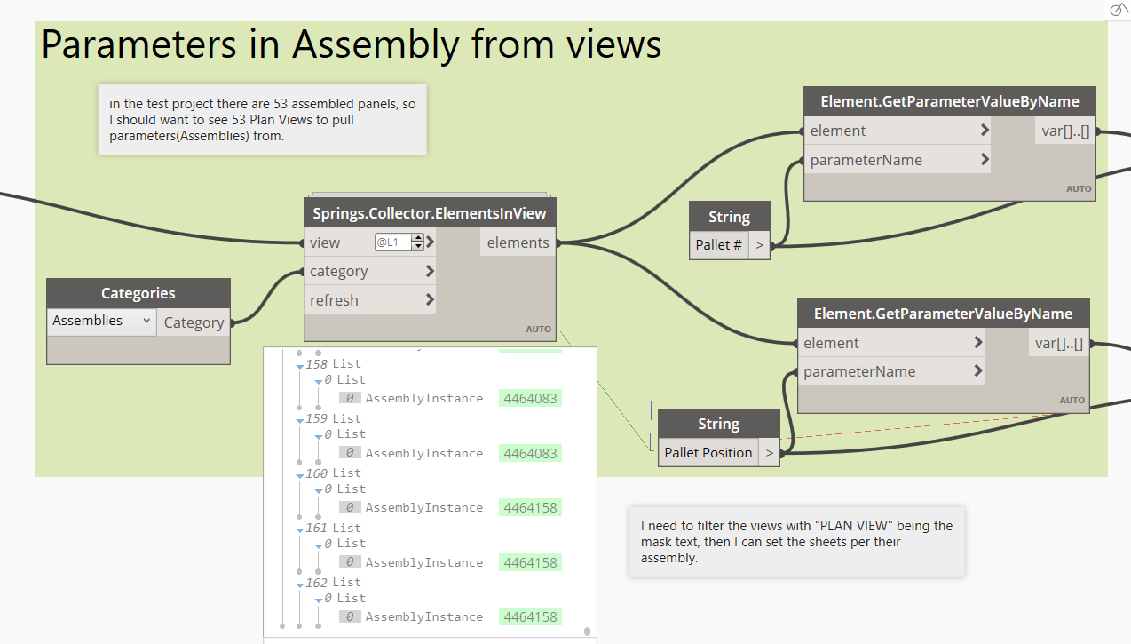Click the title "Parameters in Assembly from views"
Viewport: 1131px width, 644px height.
point(352,44)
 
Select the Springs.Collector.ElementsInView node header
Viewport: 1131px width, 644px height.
point(429,213)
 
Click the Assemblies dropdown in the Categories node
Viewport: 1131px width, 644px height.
point(101,321)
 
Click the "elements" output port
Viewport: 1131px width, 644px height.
point(518,242)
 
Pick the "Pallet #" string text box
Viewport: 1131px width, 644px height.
point(719,244)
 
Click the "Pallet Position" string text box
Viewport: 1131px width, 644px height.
point(708,452)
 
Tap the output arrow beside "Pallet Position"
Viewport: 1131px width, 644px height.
point(769,452)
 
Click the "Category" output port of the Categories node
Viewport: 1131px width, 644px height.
point(194,322)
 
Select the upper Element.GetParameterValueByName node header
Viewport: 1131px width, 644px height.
point(949,101)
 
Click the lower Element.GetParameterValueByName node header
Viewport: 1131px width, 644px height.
point(943,313)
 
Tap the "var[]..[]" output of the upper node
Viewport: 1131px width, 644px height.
point(1064,131)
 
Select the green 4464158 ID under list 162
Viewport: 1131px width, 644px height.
point(530,616)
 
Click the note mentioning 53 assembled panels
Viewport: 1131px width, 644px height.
point(262,120)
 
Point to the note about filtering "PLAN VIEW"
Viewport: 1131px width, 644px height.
point(796,542)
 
